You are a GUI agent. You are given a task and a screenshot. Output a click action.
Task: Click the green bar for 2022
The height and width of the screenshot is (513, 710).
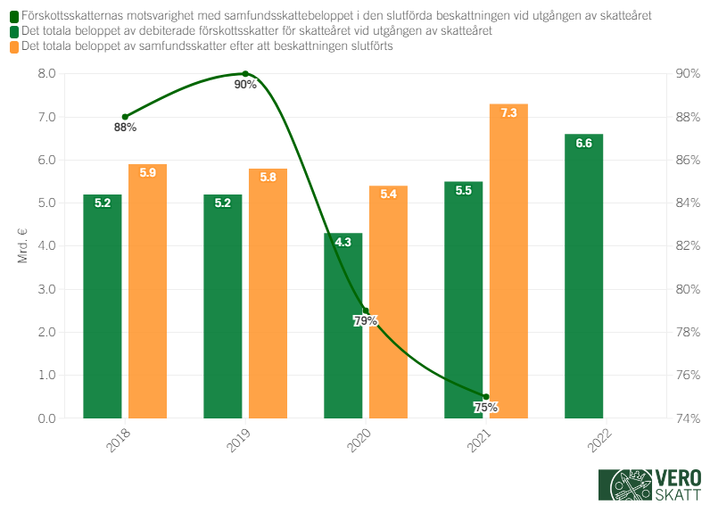pyautogui.click(x=584, y=277)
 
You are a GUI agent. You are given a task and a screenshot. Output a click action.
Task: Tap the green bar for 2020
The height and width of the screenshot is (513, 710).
pyautogui.click(x=343, y=326)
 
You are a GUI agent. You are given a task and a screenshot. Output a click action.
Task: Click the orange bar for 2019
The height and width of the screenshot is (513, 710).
pyautogui.click(x=268, y=294)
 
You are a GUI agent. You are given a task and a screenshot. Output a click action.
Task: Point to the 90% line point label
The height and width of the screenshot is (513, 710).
pyautogui.click(x=245, y=85)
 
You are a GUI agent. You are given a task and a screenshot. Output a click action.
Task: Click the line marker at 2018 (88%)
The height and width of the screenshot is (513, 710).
pyautogui.click(x=125, y=117)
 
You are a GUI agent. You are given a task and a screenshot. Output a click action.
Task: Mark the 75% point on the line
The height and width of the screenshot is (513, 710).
pyautogui.click(x=486, y=396)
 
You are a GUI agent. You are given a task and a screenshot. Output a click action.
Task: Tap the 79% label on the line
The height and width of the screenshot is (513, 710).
pyautogui.click(x=366, y=321)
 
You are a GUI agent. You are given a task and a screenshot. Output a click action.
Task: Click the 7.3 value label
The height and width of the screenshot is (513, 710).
pyautogui.click(x=509, y=113)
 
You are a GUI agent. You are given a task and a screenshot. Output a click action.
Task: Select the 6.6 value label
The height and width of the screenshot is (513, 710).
pyautogui.click(x=584, y=144)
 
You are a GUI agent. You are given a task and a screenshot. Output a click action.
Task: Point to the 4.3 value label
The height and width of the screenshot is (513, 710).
pyautogui.click(x=343, y=242)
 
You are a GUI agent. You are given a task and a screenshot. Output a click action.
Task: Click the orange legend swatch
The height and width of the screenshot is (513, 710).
pyautogui.click(x=14, y=46)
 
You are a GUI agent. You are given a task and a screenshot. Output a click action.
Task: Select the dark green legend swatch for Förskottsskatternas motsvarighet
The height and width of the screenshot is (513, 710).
pyautogui.click(x=14, y=17)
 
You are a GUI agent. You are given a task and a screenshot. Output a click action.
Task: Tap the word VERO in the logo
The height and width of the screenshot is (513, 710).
pyautogui.click(x=678, y=477)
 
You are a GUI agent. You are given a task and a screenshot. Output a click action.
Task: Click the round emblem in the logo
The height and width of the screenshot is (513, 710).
pyautogui.click(x=629, y=486)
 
